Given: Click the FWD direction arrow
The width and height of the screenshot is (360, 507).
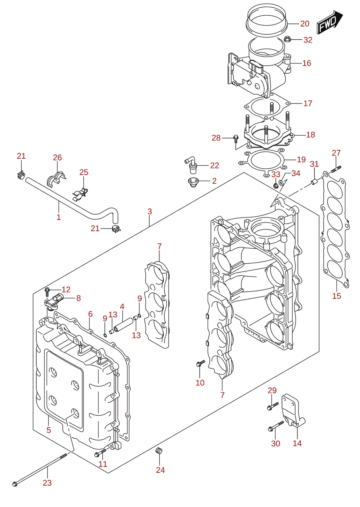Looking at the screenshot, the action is (x=330, y=22).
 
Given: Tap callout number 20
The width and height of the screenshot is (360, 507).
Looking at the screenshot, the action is (x=305, y=24).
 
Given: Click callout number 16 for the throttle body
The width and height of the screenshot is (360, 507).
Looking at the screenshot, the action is (x=307, y=63).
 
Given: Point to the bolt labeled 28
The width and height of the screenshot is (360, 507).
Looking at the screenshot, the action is (x=235, y=139).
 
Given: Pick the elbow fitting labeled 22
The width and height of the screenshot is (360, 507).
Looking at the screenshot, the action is (x=190, y=165).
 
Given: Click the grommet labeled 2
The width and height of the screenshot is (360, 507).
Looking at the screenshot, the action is (x=193, y=183).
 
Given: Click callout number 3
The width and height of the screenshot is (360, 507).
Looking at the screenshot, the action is (x=149, y=211).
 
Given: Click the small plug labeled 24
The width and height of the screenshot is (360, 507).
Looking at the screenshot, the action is (x=159, y=451).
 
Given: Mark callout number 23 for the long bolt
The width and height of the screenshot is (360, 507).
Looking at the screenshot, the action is (x=47, y=483).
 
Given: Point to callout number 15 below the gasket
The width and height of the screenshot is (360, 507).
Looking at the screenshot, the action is (x=336, y=296).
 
